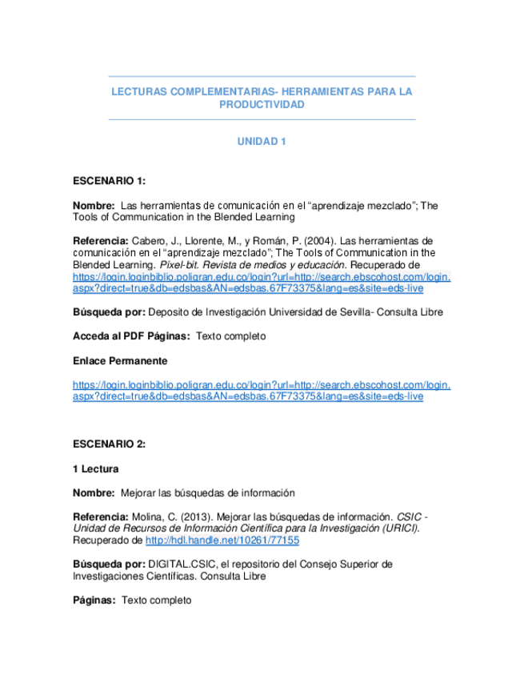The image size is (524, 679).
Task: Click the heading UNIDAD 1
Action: tap(262, 142)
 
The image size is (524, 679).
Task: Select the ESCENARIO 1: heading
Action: tap(109, 182)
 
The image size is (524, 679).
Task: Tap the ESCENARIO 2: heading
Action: tap(109, 444)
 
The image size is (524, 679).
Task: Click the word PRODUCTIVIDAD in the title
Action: tap(262, 105)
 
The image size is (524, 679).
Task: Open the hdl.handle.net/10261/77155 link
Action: tap(222, 540)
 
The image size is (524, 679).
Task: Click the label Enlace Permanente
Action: tap(120, 361)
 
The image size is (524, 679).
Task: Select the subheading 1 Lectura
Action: tap(96, 469)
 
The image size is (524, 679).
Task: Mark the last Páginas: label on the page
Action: tap(94, 601)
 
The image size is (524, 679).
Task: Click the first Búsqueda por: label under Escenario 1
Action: tap(109, 313)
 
